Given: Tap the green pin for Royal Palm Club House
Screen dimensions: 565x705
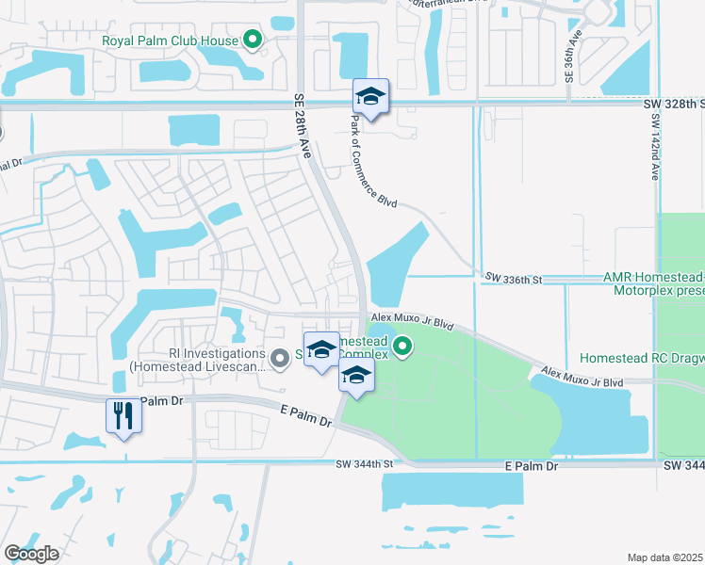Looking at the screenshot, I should (252, 40).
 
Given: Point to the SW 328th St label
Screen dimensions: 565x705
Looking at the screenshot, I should (675, 102).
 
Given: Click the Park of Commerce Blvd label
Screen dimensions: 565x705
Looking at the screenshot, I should (374, 161).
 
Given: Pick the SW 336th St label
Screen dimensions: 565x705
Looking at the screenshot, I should (515, 279).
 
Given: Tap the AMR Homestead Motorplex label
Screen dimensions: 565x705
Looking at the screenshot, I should (653, 284).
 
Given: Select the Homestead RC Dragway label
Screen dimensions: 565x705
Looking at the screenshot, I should (641, 359).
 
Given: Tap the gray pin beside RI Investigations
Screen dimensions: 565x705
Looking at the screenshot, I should (279, 359).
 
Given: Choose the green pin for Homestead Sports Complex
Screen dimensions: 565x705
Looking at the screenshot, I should (403, 348).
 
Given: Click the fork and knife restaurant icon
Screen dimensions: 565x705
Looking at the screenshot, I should (123, 415).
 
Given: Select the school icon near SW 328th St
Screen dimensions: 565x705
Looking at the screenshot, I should (370, 97).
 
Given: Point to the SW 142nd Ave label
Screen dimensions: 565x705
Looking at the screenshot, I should (655, 150).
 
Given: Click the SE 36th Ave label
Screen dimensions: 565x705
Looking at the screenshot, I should (570, 54).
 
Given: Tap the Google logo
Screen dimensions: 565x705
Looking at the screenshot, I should (31, 554).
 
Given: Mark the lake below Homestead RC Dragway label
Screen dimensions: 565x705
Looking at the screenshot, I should (593, 415).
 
